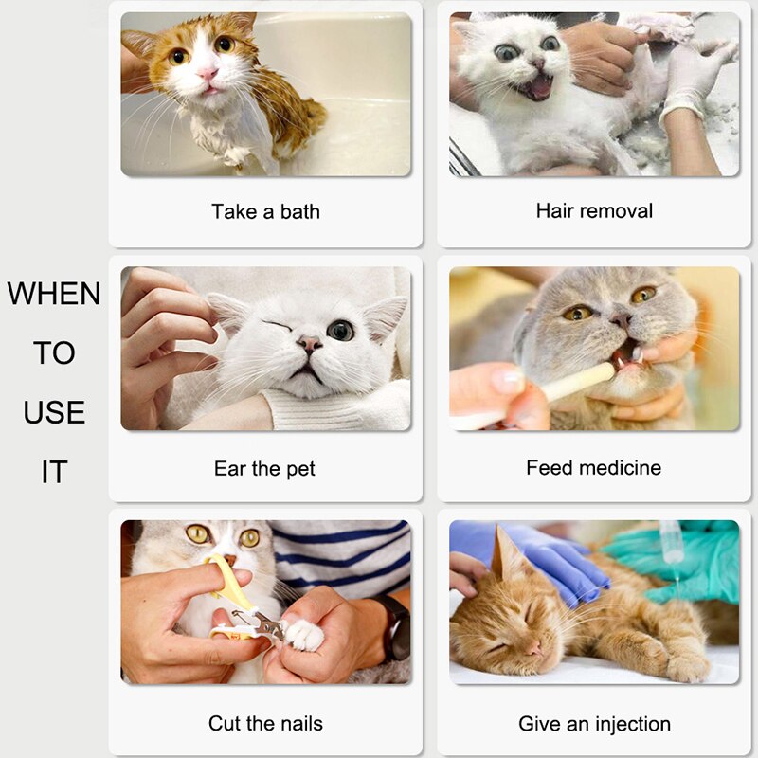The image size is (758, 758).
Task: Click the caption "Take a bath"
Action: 265,211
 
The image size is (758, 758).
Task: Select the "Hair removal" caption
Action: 594,210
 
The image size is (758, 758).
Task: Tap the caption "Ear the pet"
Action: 264,468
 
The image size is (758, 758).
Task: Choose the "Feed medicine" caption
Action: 593,467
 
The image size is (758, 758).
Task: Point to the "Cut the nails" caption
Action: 265,723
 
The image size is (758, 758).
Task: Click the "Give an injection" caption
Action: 594,724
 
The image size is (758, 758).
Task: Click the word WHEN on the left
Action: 54,294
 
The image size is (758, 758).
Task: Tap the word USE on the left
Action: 54,412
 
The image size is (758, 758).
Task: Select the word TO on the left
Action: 54,353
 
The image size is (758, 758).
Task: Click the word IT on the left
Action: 54,472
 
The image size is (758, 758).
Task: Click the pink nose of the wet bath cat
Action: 208,73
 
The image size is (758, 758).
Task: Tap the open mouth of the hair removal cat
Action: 537,87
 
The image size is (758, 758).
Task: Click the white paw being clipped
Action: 303,633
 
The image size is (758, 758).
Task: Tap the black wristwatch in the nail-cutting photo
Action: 396,625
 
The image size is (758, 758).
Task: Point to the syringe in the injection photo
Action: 674,545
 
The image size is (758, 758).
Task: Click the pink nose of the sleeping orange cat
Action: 533,648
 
